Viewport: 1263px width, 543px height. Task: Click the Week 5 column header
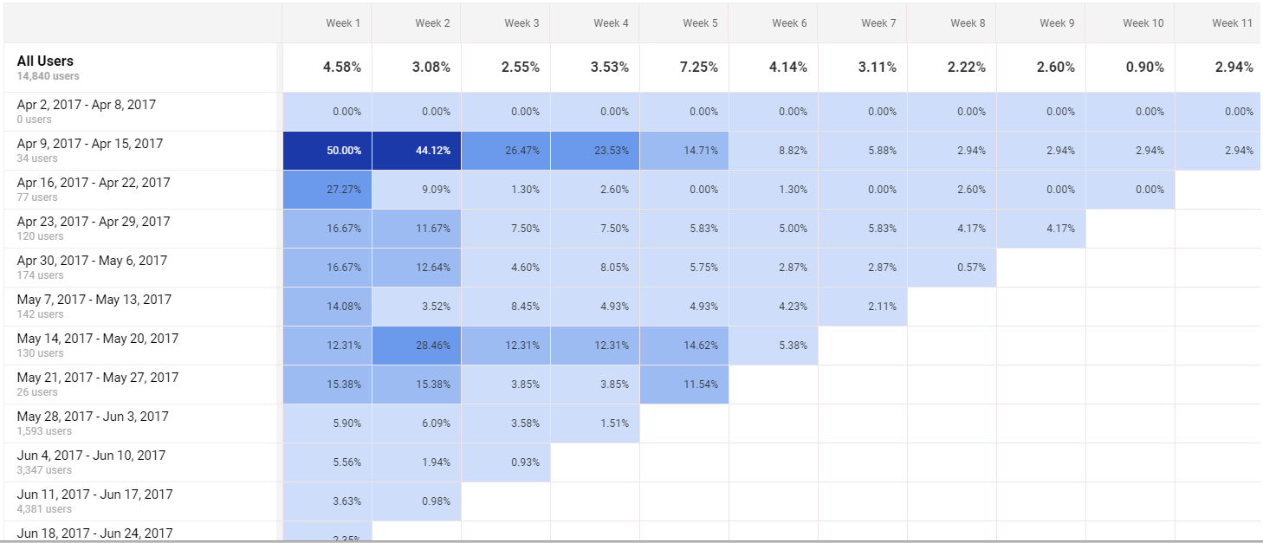coord(700,23)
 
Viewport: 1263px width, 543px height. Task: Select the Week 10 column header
coord(1143,23)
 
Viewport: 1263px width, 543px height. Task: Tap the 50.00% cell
coord(344,151)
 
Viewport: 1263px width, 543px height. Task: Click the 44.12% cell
coord(433,151)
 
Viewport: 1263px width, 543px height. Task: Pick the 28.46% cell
coord(433,346)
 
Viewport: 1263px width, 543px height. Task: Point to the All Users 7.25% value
coord(700,68)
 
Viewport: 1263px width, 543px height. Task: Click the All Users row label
coord(45,61)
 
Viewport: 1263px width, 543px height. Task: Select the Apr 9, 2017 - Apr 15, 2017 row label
coord(89,144)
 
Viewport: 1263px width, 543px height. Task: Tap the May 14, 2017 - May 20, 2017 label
coord(97,339)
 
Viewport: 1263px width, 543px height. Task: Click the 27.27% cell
coord(344,190)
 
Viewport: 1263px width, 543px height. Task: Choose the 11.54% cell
coord(700,385)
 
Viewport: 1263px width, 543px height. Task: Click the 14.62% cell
coord(700,346)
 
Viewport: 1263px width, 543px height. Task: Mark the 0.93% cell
coord(521,462)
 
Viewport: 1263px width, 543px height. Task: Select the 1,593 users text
coord(44,431)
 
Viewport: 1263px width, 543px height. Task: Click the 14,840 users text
coord(48,76)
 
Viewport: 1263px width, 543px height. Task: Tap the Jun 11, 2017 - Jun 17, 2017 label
coord(94,495)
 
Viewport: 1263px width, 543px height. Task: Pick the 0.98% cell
coord(433,501)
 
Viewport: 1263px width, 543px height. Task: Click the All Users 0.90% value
coord(1144,68)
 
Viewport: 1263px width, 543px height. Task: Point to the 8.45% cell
coord(521,307)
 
